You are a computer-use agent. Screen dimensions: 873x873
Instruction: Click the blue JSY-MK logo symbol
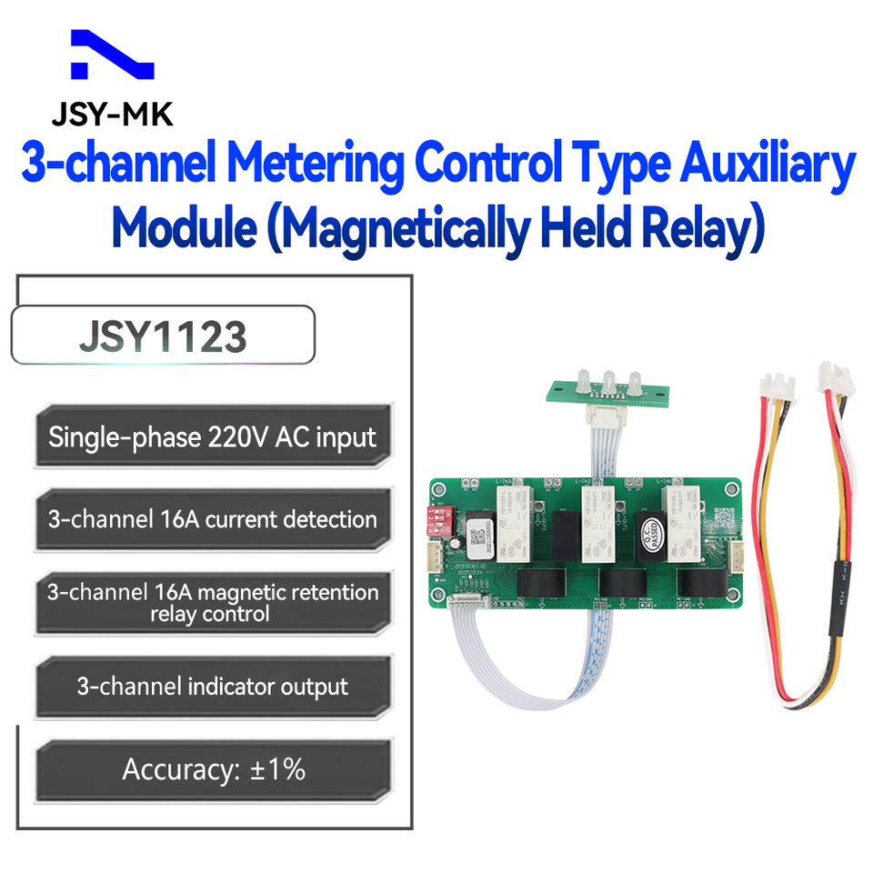point(112,57)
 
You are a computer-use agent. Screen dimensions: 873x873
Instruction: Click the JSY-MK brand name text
point(112,114)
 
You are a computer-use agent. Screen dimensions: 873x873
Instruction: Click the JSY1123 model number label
point(163,336)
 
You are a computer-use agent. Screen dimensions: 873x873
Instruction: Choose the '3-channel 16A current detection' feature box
point(213,520)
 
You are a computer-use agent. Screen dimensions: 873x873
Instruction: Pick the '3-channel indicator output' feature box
point(213,686)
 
